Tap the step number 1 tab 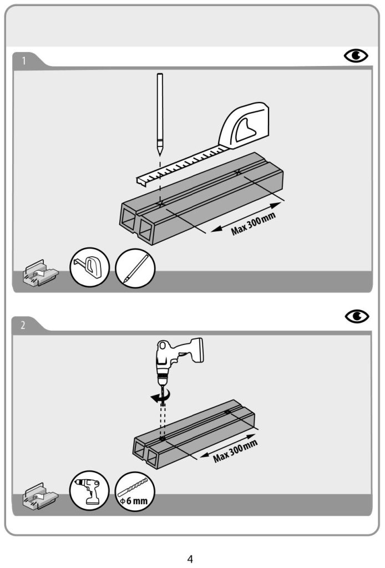pos(23,60)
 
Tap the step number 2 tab pos(23,326)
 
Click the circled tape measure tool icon pos(90,267)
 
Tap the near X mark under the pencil pos(160,205)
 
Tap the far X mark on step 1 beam pos(239,173)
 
